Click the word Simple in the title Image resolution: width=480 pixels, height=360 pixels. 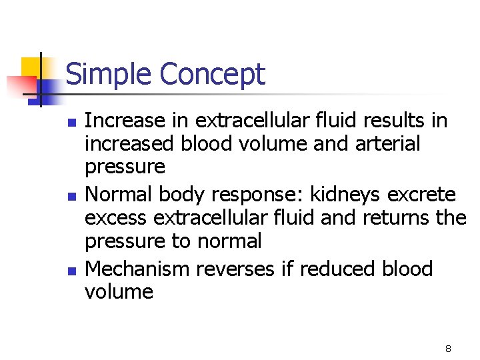point(109,74)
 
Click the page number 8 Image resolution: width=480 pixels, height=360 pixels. point(448,348)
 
